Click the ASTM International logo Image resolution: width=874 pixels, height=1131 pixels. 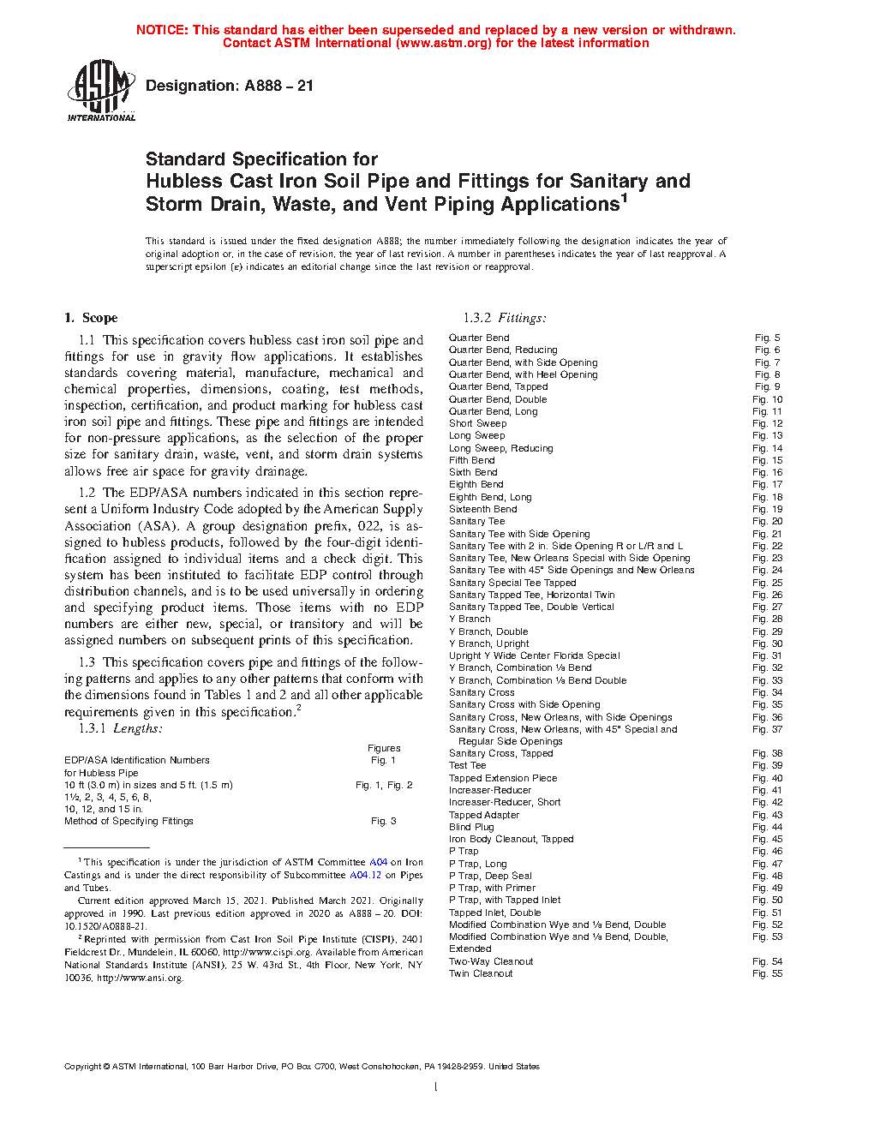tap(101, 90)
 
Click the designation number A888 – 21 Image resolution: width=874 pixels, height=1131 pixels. tap(280, 86)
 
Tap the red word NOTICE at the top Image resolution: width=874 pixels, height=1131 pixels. tap(162, 30)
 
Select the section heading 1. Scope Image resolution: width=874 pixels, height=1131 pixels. tap(91, 318)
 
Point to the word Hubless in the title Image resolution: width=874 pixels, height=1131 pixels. tap(184, 182)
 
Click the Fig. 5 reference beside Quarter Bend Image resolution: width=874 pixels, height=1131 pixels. tap(767, 338)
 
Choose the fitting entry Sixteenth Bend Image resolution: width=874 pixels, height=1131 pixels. tap(482, 509)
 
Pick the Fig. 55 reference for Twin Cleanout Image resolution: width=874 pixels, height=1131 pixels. tap(767, 973)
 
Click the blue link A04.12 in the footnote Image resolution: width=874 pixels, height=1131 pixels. tap(365, 875)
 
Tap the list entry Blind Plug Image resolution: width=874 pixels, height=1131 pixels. tap(471, 827)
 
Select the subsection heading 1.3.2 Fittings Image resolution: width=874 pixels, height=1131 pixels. tap(505, 318)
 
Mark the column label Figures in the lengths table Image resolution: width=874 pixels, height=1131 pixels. tap(384, 748)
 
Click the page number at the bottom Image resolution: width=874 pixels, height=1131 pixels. tap(436, 1087)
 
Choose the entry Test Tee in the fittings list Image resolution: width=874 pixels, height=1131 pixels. tap(467, 765)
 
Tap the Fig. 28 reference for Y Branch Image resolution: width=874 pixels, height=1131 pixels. tap(767, 619)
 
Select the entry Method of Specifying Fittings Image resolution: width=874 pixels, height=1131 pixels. tap(129, 821)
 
